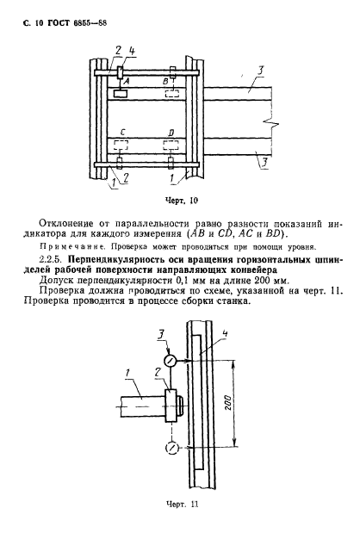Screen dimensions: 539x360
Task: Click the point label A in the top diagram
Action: pos(127,80)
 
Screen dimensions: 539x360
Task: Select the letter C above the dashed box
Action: pos(126,131)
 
